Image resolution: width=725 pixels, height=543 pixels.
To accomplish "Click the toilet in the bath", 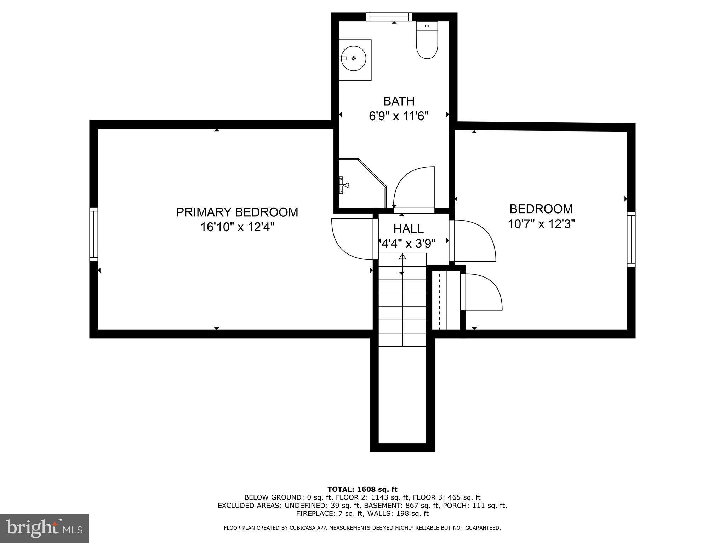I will pyautogui.click(x=427, y=41).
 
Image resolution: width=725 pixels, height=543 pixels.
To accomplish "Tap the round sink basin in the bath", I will pyautogui.click(x=353, y=58).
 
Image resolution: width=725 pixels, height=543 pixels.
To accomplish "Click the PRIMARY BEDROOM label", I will pyautogui.click(x=237, y=212).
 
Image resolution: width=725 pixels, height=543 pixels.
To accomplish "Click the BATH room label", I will pyautogui.click(x=399, y=101).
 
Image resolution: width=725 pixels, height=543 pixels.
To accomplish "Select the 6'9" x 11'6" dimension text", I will pyautogui.click(x=399, y=116).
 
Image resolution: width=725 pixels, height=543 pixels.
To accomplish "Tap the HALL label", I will pyautogui.click(x=409, y=229).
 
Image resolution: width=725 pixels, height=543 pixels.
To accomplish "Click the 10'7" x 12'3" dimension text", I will pyautogui.click(x=541, y=224).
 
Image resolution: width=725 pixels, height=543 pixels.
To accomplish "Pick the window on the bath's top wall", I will pyautogui.click(x=389, y=17).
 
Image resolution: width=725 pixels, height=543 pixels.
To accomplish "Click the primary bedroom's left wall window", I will pyautogui.click(x=93, y=234).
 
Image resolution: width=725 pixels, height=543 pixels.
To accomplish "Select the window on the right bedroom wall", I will pyautogui.click(x=631, y=239).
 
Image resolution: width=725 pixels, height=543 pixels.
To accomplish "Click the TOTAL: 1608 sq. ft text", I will pyautogui.click(x=362, y=490).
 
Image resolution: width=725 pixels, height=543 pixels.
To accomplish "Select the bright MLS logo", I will pyautogui.click(x=44, y=528).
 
